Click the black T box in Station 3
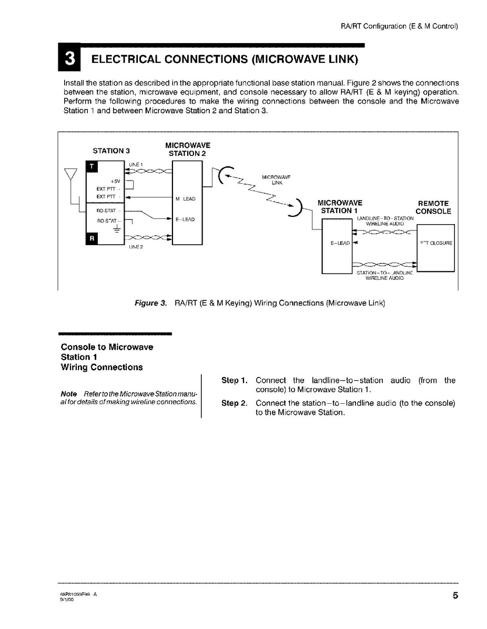pos(92,167)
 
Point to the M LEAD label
pos(185,199)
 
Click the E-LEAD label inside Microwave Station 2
pos(185,219)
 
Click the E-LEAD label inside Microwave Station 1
pos(340,243)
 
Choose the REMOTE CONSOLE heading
pos(433,207)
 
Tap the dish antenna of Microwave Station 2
pos(223,175)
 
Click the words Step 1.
pos(234,380)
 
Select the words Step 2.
pos(234,403)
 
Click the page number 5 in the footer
pos(454,595)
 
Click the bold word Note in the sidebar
pos(69,394)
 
